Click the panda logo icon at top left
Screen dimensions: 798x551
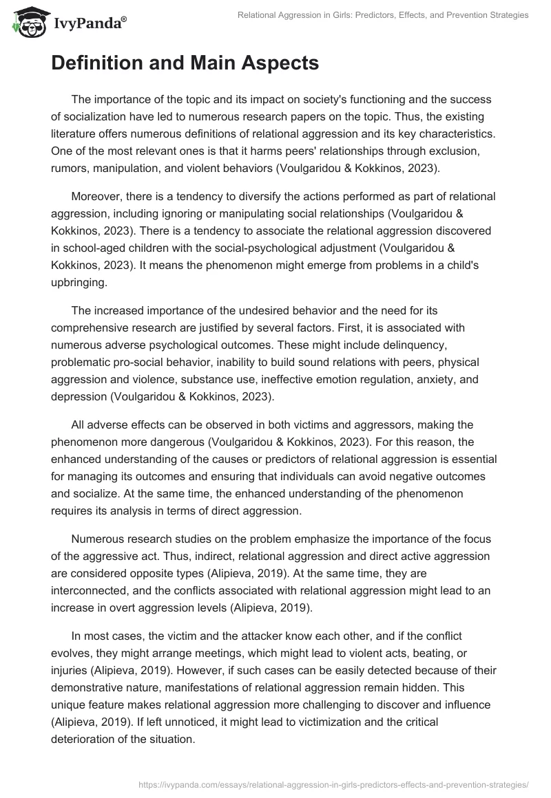tap(26, 23)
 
